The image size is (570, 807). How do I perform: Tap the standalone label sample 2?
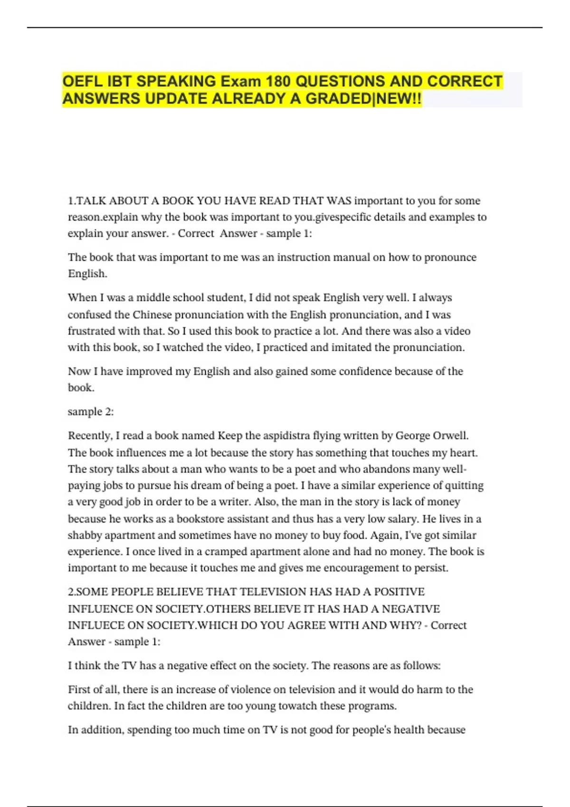[91, 412]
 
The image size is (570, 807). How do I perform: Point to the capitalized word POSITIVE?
[399, 591]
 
